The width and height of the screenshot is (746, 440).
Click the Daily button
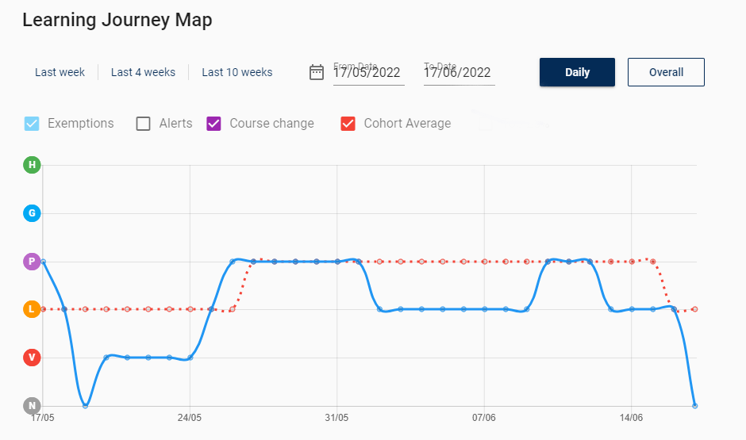tap(577, 72)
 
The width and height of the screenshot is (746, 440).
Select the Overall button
tap(666, 72)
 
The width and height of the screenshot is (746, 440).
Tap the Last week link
tap(60, 72)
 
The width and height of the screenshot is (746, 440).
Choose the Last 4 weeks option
tap(143, 72)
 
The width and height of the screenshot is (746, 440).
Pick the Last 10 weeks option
tap(236, 72)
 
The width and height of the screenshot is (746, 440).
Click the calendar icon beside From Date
tap(317, 72)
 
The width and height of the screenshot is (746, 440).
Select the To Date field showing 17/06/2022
tap(458, 73)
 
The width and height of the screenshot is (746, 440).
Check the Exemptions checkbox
tap(32, 124)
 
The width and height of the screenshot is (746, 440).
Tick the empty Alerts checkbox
tap(143, 124)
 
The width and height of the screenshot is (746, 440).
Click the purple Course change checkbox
tap(213, 124)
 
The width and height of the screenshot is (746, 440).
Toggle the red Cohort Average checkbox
tap(348, 124)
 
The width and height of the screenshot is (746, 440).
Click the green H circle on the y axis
tap(32, 165)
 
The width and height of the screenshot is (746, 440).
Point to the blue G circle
tap(32, 213)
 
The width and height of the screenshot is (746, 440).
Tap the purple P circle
tap(32, 262)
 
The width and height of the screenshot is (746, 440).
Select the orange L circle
tap(32, 309)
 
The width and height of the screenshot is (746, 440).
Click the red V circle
tap(32, 358)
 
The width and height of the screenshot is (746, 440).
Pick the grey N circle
tap(32, 406)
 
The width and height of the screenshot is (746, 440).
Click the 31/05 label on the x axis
tap(336, 417)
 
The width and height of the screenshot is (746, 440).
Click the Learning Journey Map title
tap(117, 20)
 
